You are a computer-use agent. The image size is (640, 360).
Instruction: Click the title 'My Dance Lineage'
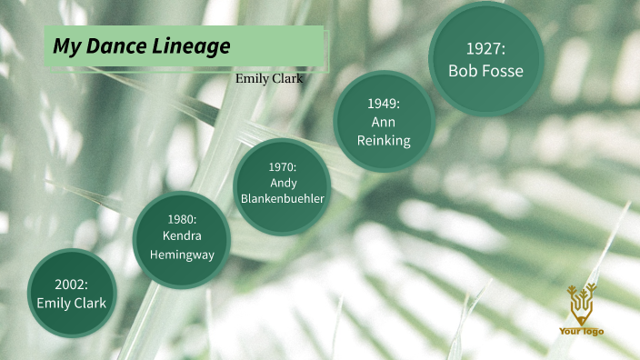(x=141, y=46)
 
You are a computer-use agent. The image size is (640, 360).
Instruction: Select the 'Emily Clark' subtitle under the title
(x=269, y=78)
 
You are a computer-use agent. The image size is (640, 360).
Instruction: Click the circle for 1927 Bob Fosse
(x=485, y=59)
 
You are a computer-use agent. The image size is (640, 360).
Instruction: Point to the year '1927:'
(x=485, y=48)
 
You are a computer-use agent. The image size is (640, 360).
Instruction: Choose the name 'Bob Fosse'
(x=485, y=70)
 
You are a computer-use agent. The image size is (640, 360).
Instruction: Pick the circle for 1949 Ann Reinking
(x=384, y=121)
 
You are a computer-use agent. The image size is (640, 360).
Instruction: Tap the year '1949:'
(x=384, y=103)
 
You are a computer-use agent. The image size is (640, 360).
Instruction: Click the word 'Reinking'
(x=384, y=140)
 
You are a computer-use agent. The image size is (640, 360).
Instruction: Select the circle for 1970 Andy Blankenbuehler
(x=283, y=186)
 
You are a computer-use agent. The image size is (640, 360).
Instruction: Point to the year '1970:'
(x=283, y=167)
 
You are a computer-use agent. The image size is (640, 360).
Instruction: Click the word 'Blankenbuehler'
(x=283, y=199)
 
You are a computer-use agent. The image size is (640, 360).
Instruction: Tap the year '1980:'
(x=182, y=219)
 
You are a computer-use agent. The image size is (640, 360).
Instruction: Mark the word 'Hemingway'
(x=182, y=255)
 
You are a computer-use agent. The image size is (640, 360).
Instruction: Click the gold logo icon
(x=580, y=304)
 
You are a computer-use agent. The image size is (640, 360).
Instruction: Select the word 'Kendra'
(x=182, y=236)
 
